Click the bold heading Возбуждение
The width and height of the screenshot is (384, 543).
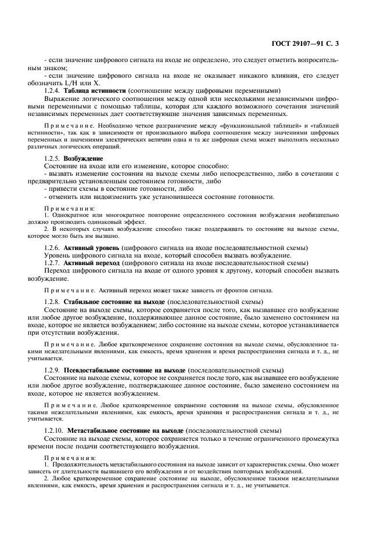84,158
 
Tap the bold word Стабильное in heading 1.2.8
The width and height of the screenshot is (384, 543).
85,302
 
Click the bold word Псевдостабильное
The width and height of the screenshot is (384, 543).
96,370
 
